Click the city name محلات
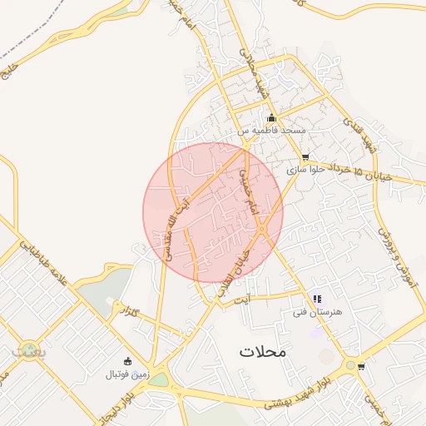(262, 351)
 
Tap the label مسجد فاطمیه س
(273, 131)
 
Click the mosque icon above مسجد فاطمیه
(271, 117)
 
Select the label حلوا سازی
(304, 169)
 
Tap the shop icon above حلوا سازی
(305, 156)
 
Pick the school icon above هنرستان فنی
(317, 299)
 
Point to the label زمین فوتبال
(126, 374)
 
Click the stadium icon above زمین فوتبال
(127, 361)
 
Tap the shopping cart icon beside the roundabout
(360, 366)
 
